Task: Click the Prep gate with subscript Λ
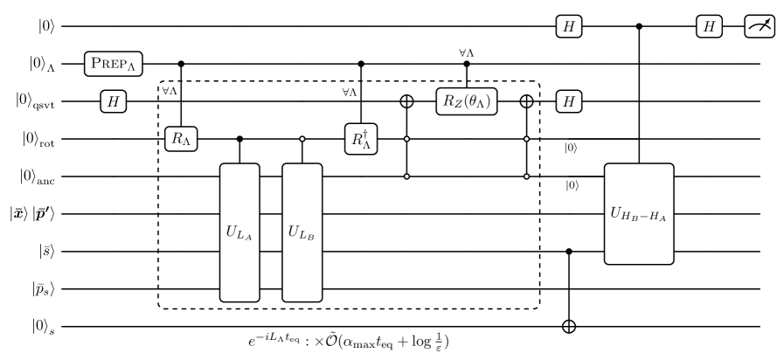click(x=113, y=64)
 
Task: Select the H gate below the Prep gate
click(x=113, y=101)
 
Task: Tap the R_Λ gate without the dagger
click(x=181, y=139)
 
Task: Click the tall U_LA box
click(x=239, y=232)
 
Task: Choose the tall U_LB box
click(x=302, y=232)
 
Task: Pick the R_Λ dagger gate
click(x=361, y=139)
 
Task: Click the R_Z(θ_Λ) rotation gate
click(x=467, y=101)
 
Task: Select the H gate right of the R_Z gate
click(x=569, y=101)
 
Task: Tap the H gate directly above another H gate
click(x=569, y=26)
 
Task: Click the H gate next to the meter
click(x=709, y=26)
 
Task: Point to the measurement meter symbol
click(x=760, y=26)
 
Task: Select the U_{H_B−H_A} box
click(x=639, y=213)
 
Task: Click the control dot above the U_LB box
click(x=302, y=139)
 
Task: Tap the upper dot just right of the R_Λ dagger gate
click(x=406, y=139)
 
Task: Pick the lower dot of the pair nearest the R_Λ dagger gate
click(x=406, y=177)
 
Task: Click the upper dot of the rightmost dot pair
click(x=526, y=139)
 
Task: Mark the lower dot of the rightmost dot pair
click(x=526, y=177)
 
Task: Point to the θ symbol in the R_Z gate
click(x=475, y=101)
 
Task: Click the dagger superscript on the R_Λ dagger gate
click(x=365, y=133)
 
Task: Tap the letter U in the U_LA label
click(x=232, y=232)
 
